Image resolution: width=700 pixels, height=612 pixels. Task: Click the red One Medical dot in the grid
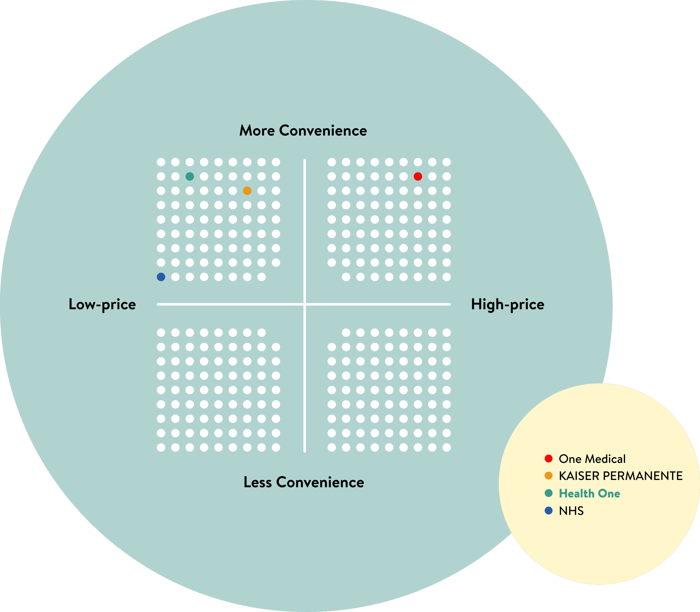coord(418,176)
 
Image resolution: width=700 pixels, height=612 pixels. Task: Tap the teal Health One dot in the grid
coord(190,176)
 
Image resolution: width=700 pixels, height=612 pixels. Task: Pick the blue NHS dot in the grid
coord(161,277)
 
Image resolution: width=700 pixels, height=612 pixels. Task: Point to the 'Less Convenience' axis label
coord(304,482)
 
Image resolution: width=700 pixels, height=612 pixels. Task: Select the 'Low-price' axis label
coord(102,304)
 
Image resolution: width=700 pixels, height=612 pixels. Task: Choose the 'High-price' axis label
coord(508,304)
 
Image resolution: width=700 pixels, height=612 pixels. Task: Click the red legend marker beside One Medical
coord(549,459)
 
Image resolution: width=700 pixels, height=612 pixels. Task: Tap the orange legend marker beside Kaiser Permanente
coord(549,476)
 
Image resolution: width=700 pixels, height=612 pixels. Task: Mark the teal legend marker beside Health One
coord(549,493)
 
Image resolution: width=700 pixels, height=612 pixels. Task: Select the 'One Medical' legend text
coord(592,459)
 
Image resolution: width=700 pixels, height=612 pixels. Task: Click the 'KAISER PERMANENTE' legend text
coord(620,476)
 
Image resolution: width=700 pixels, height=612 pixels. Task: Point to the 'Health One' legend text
coord(589,493)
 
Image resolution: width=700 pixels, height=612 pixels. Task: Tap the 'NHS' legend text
coord(571,511)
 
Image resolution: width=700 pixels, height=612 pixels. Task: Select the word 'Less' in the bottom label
coord(258,482)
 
